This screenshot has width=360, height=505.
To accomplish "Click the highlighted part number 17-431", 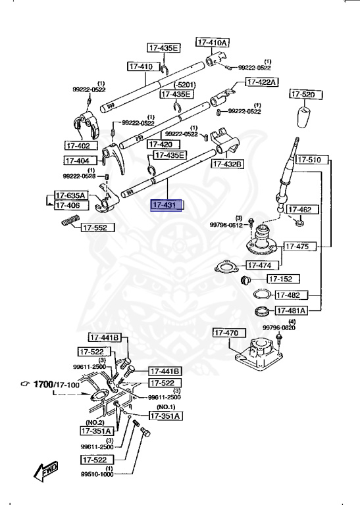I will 168,206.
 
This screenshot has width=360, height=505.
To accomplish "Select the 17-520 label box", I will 303,95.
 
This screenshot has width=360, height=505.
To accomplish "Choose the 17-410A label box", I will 212,43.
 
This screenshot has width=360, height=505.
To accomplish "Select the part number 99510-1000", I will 97,473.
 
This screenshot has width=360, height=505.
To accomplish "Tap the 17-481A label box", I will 291,310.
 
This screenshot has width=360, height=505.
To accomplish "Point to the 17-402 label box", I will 80,145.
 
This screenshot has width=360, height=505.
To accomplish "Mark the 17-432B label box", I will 227,164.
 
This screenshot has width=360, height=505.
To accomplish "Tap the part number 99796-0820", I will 280,327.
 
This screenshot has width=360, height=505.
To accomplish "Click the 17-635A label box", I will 70,195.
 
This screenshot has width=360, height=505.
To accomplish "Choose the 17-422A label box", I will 262,82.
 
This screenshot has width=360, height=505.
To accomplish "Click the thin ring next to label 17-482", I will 261,293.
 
